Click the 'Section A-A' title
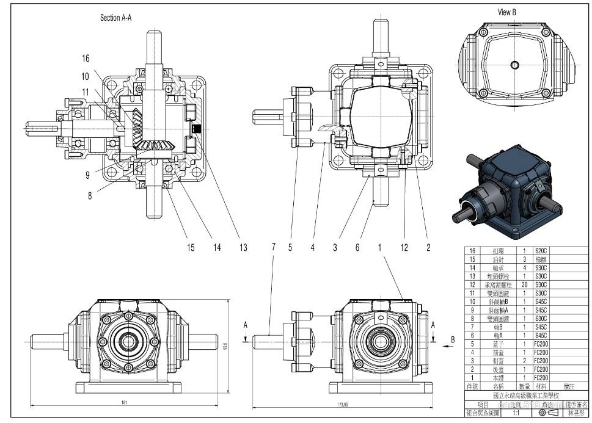115,18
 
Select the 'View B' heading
507,12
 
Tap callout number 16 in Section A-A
86,58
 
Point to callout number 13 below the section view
243,247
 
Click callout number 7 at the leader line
273,247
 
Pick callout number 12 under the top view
403,247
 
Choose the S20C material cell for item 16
541,251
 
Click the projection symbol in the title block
549,413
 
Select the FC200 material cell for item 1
541,378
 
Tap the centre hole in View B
515,65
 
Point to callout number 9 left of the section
87,175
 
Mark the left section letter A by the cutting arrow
245,325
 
